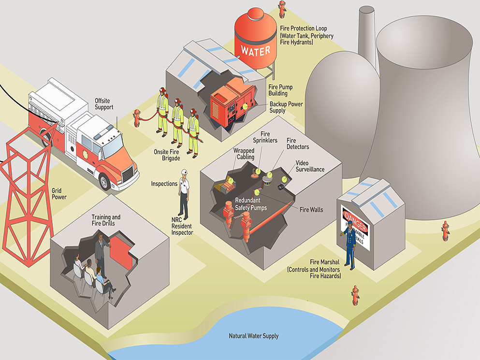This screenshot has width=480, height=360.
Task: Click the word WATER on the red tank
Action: (x=256, y=50)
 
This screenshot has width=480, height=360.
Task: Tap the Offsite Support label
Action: (x=104, y=103)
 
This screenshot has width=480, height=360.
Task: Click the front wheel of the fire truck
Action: (x=105, y=181)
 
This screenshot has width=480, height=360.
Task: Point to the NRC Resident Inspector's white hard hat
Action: (x=184, y=172)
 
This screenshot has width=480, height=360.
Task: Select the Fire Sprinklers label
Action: (x=269, y=137)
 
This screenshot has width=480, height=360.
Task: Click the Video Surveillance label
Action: (x=310, y=166)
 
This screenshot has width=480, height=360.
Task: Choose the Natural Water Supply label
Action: (x=253, y=336)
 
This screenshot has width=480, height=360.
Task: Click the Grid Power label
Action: (x=59, y=194)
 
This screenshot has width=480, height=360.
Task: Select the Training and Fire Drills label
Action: (x=106, y=220)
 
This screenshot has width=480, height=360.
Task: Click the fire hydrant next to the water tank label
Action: (x=282, y=9)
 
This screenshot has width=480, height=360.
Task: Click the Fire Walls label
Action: (x=311, y=210)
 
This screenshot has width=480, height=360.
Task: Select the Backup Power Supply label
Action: (x=285, y=107)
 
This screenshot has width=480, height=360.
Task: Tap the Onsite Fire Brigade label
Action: (x=167, y=155)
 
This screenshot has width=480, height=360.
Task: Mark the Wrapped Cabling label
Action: (x=244, y=154)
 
